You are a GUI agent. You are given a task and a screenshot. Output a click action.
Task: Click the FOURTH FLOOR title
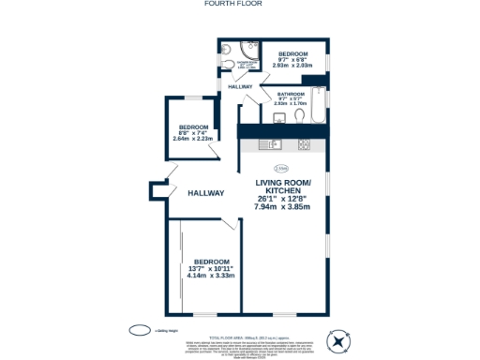tap(239, 4)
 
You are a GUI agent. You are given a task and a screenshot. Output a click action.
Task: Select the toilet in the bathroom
tap(299, 115)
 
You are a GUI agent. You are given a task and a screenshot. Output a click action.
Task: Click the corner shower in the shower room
tap(247, 52)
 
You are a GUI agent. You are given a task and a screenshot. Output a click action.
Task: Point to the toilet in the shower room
tap(228, 63)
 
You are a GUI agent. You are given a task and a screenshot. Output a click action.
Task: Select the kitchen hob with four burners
tap(304, 144)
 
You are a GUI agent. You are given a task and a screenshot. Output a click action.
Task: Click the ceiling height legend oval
tap(138, 329)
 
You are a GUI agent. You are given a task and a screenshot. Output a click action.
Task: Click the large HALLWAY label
tap(205, 193)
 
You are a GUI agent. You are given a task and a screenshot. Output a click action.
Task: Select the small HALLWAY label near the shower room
tap(240, 86)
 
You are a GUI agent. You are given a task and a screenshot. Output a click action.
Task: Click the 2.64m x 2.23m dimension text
tap(196, 139)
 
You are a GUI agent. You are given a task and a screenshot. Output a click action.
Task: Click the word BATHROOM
tap(290, 94)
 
